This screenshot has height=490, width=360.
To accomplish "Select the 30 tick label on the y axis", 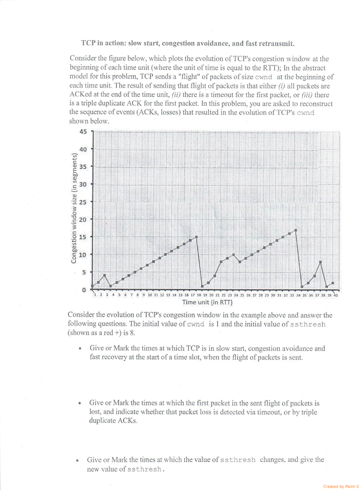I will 83,184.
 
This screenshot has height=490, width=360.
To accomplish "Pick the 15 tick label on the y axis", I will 83,237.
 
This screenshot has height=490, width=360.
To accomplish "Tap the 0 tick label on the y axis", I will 84,290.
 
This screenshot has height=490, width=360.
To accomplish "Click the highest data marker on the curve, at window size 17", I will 296,230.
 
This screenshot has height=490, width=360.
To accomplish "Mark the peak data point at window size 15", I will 196,237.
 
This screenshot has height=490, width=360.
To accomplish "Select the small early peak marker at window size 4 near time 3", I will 104,275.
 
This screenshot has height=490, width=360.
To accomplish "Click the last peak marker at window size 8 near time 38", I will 320,262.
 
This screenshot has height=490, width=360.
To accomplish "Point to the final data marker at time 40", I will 333,283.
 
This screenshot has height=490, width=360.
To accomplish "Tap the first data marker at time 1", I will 92,286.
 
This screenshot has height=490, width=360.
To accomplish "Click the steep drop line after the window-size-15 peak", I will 199,262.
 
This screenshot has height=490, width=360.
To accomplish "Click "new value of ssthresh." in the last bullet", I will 126,469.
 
